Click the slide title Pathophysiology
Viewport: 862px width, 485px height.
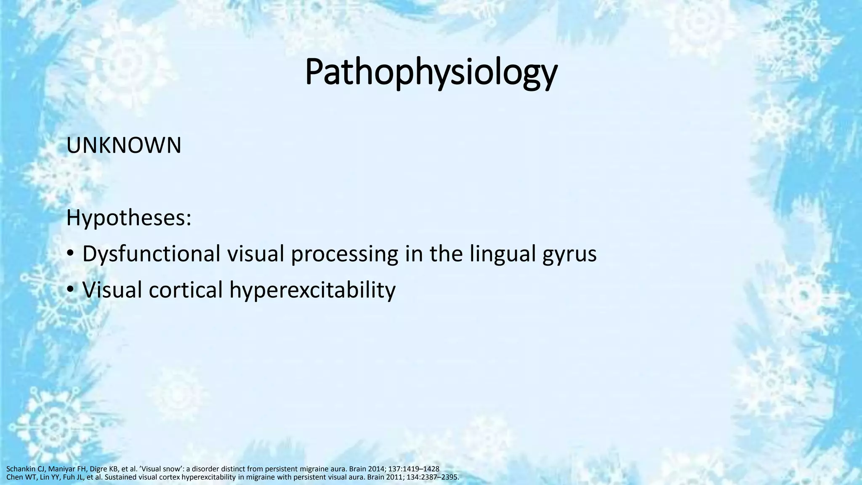click(x=431, y=72)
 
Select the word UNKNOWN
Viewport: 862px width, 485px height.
click(x=124, y=146)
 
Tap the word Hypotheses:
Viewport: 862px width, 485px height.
click(x=129, y=218)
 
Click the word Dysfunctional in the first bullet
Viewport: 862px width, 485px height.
click(x=151, y=254)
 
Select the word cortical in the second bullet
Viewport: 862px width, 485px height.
click(x=186, y=290)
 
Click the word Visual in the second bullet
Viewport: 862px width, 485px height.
click(x=112, y=290)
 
